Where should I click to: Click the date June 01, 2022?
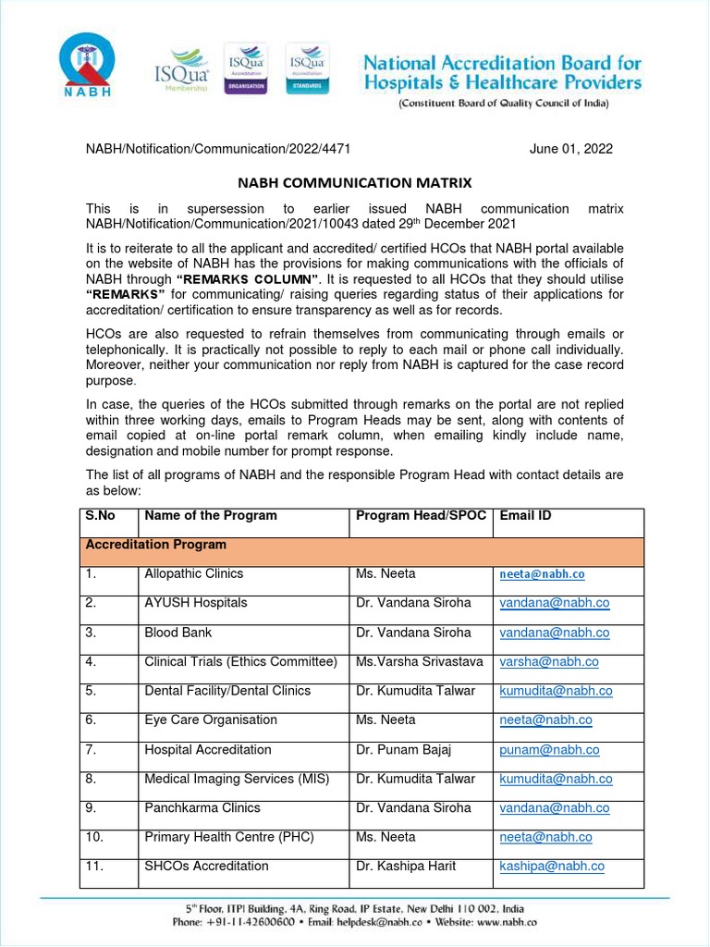pyautogui.click(x=570, y=149)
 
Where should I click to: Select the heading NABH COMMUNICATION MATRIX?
pyautogui.click(x=354, y=183)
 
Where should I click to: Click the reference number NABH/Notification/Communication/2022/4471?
pyautogui.click(x=217, y=149)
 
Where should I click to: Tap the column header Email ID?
pyautogui.click(x=525, y=516)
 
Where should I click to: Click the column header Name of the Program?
pyautogui.click(x=211, y=516)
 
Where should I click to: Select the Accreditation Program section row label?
pyautogui.click(x=155, y=546)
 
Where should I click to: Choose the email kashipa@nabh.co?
pyautogui.click(x=552, y=867)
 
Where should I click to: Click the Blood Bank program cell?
pyautogui.click(x=177, y=633)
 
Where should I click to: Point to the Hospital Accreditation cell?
pyautogui.click(x=208, y=750)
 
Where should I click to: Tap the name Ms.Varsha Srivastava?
pyautogui.click(x=420, y=662)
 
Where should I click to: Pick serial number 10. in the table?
pyautogui.click(x=95, y=837)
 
